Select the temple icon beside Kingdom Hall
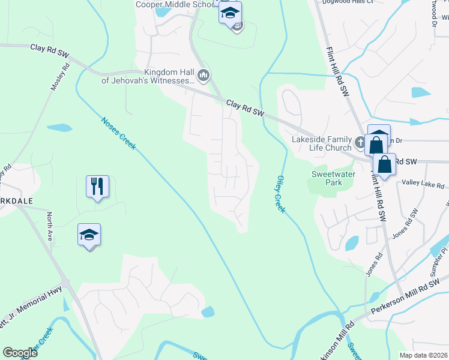(x=203, y=76)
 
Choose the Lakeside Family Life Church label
(x=321, y=143)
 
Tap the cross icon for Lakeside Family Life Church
(x=360, y=142)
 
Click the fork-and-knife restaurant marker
(x=97, y=186)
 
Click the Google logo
(x=20, y=353)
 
